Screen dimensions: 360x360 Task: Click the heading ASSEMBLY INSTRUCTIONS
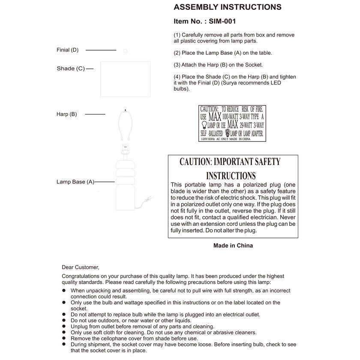point(227,7)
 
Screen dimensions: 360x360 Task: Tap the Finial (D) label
point(68,50)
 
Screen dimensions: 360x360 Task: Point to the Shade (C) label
point(71,69)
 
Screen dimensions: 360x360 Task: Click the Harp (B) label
point(67,114)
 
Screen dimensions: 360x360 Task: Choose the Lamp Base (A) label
point(75,182)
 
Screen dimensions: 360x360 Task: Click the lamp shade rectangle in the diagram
point(126,79)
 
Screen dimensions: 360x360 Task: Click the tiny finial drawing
point(125,51)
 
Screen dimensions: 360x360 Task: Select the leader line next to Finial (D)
point(101,50)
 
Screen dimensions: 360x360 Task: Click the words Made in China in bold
point(233,246)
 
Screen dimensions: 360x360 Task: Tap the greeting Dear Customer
point(80,267)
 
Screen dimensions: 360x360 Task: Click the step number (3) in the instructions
point(177,65)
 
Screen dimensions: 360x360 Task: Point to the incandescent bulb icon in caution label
point(204,125)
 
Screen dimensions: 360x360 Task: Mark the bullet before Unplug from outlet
point(64,326)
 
